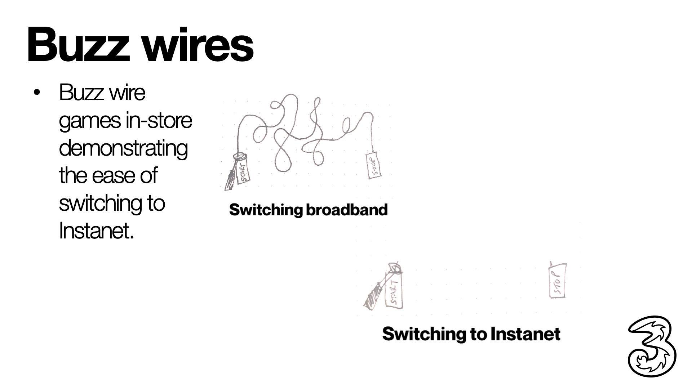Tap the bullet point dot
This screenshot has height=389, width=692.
click(x=36, y=93)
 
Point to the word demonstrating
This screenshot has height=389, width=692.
click(x=123, y=149)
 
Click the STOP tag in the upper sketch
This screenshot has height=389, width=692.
click(x=374, y=166)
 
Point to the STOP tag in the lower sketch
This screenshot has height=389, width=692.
click(x=558, y=281)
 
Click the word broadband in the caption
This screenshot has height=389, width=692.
click(x=347, y=210)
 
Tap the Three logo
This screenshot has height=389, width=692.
click(x=652, y=346)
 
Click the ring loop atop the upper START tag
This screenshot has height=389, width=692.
click(x=239, y=157)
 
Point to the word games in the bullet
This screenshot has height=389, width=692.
click(x=90, y=121)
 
